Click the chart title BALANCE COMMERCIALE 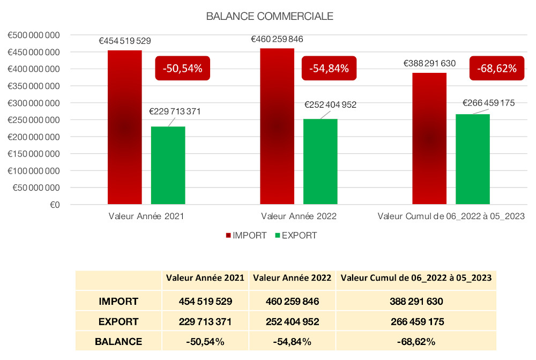coord(269,17)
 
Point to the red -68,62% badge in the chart coord(496,68)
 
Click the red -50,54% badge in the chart coord(183,68)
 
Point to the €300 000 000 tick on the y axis coord(33,103)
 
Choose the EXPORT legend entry coord(295,236)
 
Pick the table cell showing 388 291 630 coord(416,302)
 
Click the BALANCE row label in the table coord(118,341)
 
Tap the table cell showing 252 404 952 coord(292,322)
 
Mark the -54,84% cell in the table coord(292,341)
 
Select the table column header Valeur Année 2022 coord(292,279)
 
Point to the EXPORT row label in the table coord(118,322)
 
